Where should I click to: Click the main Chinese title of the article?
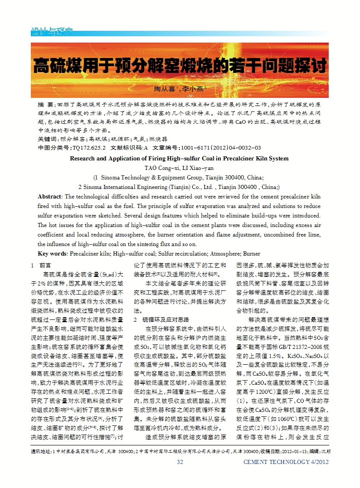click(x=180, y=66)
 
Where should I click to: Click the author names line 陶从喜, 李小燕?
click(x=180, y=89)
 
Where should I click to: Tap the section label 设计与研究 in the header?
click(x=52, y=32)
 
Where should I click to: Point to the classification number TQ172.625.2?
click(x=88, y=147)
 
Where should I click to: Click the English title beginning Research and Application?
click(x=179, y=159)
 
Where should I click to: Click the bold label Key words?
click(x=52, y=253)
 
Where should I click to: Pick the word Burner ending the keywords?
click(x=252, y=253)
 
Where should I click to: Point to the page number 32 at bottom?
click(x=180, y=462)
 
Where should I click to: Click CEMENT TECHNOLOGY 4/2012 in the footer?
click(x=286, y=462)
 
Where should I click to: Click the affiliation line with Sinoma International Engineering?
click(x=179, y=187)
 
